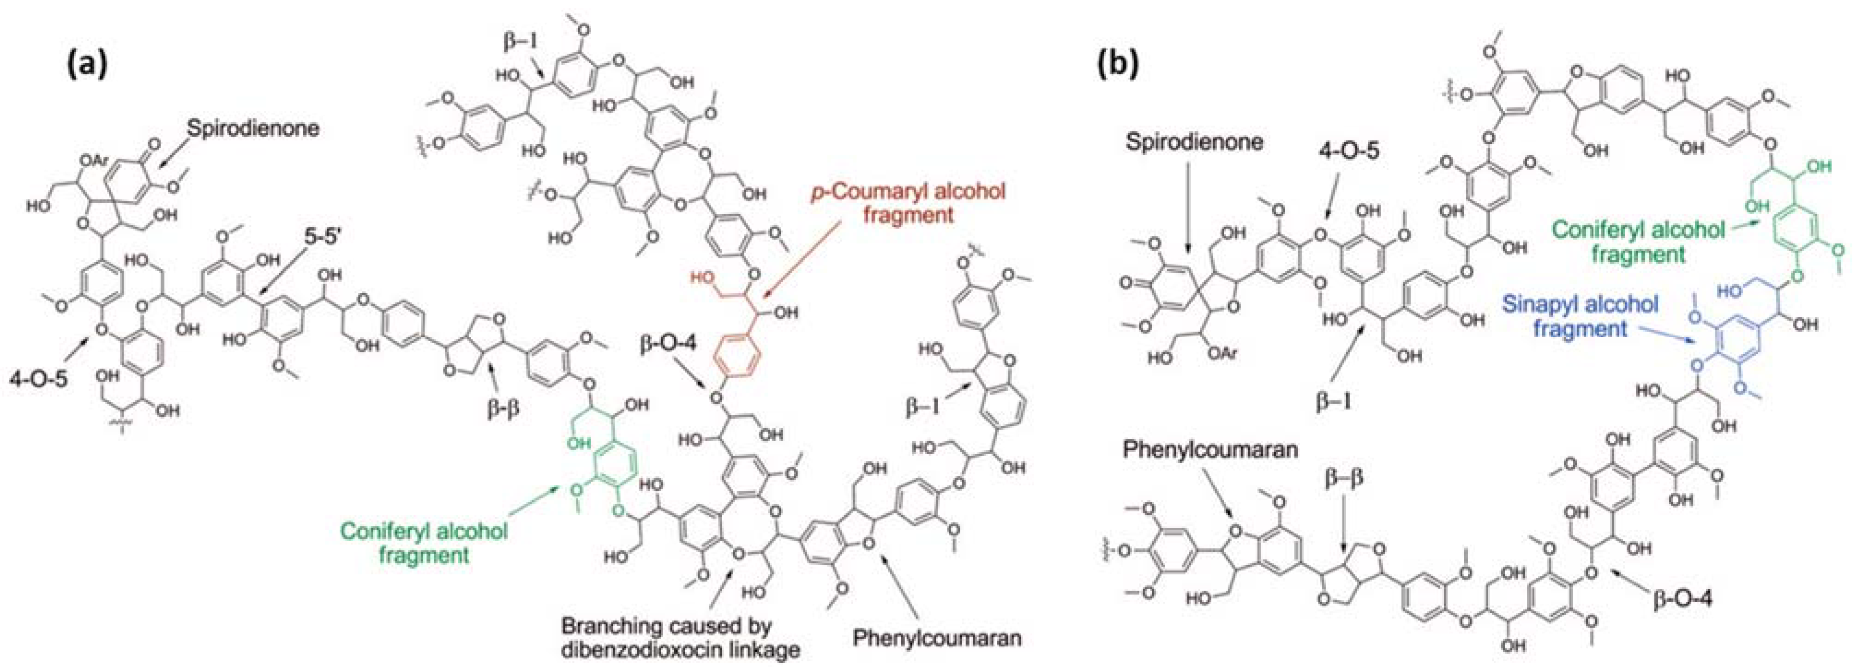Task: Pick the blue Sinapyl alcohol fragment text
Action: pos(1580,316)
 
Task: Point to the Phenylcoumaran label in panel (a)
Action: pos(937,638)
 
